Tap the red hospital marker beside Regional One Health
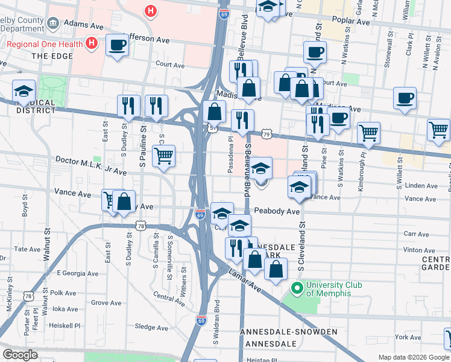click(92, 43)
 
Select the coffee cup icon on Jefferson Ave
click(117, 45)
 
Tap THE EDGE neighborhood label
click(52, 56)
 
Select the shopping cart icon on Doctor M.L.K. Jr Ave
click(163, 156)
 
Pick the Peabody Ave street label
click(277, 211)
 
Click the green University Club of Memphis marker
click(297, 288)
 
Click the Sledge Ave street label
click(151, 327)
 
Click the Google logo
click(20, 355)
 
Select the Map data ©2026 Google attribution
click(414, 357)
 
